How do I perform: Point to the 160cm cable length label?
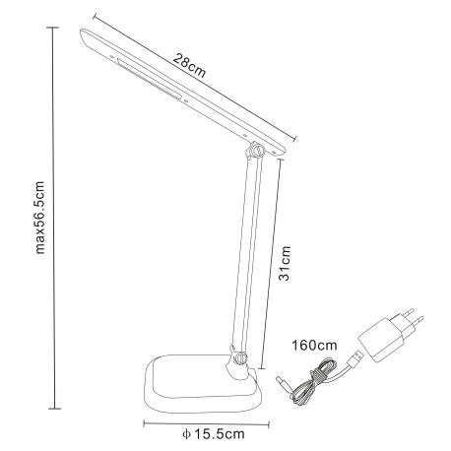click(315, 346)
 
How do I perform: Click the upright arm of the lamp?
click(246, 256)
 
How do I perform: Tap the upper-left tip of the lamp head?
click(81, 34)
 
